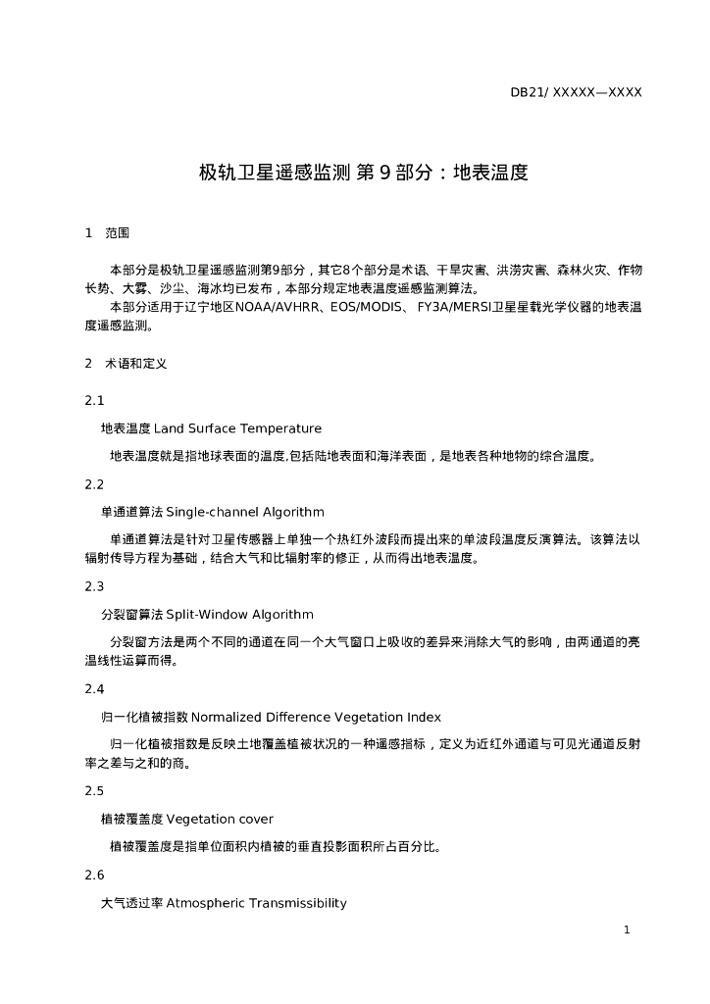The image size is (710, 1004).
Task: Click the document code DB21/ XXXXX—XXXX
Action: coord(576,93)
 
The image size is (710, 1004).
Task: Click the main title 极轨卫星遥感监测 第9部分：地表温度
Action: coord(364,174)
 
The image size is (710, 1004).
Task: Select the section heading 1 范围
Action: coord(107,233)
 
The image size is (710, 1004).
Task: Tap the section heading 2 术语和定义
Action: coord(127,364)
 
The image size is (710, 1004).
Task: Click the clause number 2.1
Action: coord(94,400)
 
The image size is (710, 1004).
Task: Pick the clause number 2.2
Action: coord(94,484)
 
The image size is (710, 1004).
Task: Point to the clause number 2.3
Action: coord(94,586)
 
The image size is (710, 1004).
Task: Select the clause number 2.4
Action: coord(94,689)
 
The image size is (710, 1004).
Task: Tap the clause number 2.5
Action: coord(94,791)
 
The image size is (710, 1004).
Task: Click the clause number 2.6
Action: coord(94,876)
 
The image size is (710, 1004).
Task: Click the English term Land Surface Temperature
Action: coord(237,428)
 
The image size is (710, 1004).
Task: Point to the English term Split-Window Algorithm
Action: coord(239,615)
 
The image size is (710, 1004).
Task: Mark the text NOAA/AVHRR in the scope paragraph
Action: coord(276,308)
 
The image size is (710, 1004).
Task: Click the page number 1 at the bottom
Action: coord(627,929)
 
